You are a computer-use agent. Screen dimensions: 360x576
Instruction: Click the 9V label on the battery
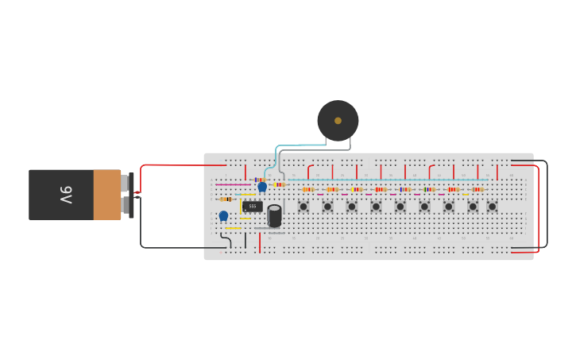(66, 195)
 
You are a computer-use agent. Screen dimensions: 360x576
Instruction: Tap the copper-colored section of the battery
(106, 195)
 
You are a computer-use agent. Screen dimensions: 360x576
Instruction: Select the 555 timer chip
(252, 207)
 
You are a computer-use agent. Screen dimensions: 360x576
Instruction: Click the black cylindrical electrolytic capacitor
(274, 216)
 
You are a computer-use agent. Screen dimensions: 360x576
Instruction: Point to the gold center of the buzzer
(338, 121)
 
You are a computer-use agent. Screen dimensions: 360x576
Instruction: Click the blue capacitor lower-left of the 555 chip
(223, 215)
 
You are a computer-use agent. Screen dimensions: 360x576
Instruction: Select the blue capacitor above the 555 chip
(262, 187)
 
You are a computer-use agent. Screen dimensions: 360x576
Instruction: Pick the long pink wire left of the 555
(232, 184)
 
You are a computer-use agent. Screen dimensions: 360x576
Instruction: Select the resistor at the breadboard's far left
(226, 199)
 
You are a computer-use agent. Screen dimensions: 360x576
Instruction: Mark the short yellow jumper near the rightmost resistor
(466, 194)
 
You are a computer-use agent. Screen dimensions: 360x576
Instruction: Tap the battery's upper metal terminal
(125, 184)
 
